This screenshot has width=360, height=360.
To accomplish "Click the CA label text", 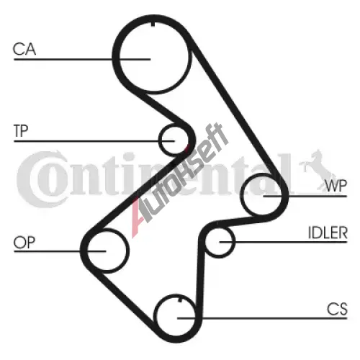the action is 24,49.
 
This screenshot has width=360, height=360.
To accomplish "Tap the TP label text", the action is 21,131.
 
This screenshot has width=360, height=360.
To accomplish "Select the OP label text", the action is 24,242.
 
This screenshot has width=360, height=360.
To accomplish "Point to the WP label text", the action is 336,186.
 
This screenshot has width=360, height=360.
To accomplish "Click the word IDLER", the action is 328,233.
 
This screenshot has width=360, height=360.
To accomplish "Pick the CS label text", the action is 337,309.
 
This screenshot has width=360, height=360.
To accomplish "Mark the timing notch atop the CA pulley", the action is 153,24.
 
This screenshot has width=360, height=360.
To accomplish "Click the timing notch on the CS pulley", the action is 180,300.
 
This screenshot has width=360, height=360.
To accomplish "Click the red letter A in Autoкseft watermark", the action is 139,217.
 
